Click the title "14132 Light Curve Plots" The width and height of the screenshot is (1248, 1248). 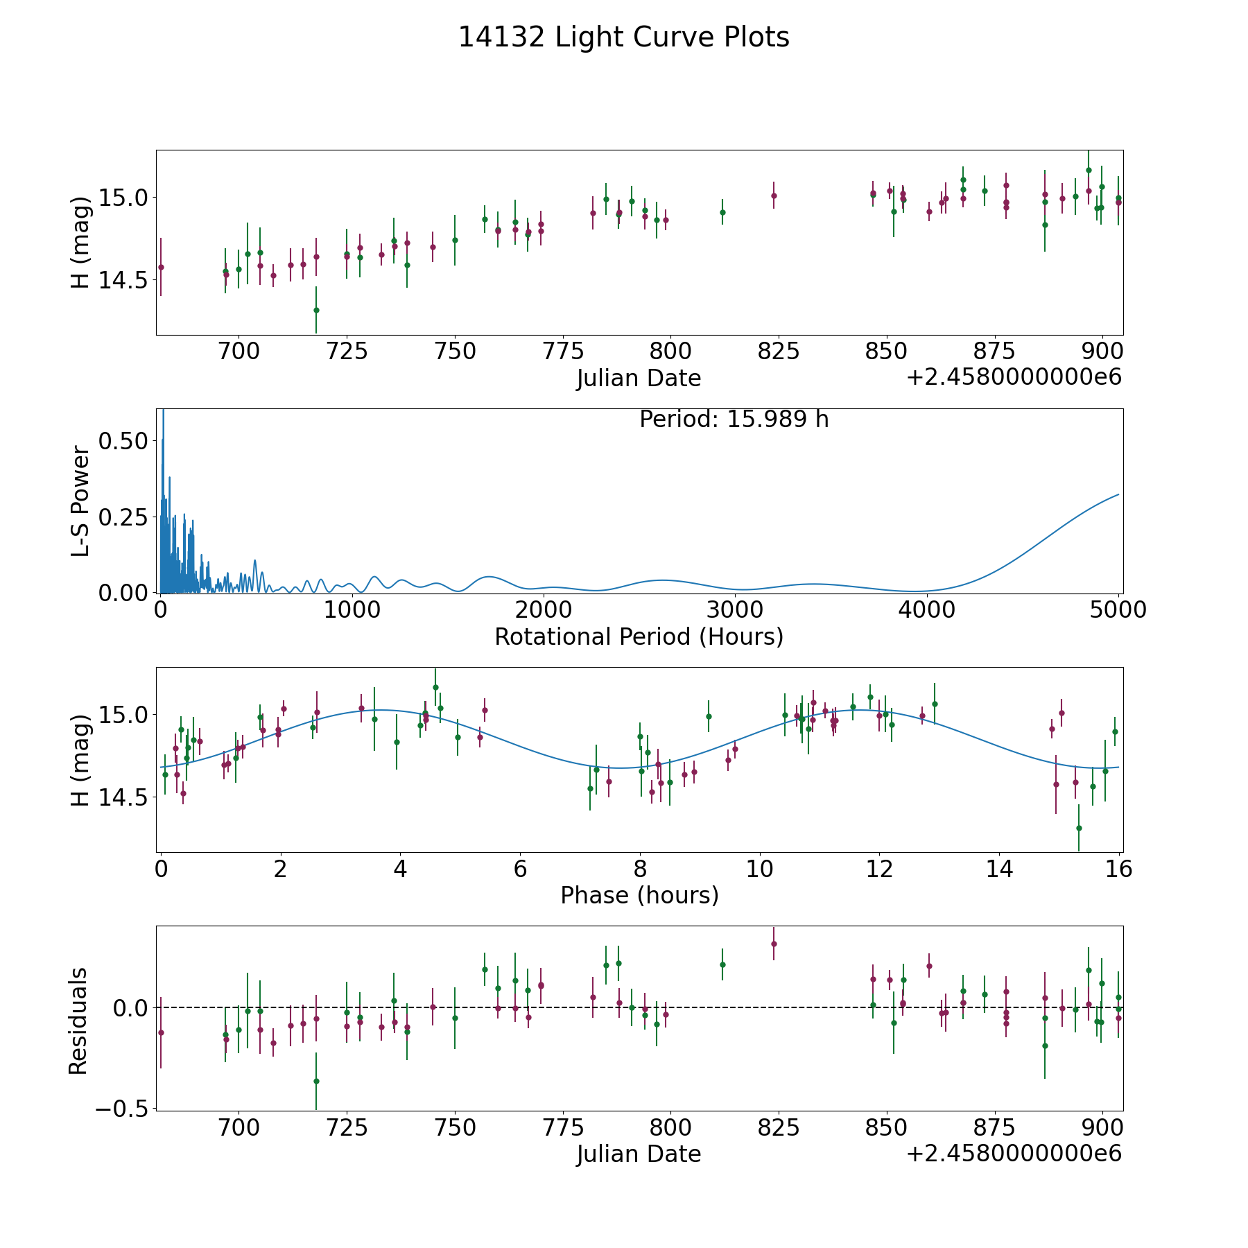tap(624, 37)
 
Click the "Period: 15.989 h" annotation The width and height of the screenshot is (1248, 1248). tap(734, 419)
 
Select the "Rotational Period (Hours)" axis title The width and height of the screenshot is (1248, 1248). tap(639, 636)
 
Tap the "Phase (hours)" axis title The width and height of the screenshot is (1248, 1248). tap(639, 895)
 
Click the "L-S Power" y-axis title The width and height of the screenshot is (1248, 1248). tap(80, 501)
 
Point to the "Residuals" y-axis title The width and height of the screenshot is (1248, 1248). tap(78, 1021)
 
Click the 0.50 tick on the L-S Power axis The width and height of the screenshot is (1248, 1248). tap(123, 441)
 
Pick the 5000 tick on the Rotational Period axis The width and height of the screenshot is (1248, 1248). tap(1118, 609)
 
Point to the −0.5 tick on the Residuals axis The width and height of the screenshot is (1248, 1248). tap(123, 1109)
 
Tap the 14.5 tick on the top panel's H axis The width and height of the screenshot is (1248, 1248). tap(123, 280)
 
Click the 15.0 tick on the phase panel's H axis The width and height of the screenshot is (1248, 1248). tap(123, 715)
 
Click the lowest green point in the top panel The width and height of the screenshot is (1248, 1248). tap(316, 310)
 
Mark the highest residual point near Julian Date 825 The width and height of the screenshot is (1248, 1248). tap(774, 944)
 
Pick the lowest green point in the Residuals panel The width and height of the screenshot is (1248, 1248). tap(316, 1081)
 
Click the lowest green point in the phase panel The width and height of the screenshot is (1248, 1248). tap(1079, 828)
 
